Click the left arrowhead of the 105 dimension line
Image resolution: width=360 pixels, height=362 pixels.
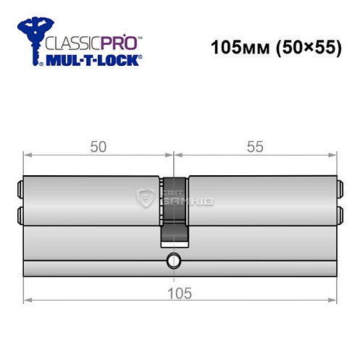[x=27, y=299]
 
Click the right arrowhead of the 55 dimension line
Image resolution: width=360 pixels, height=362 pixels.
[x=334, y=154]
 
